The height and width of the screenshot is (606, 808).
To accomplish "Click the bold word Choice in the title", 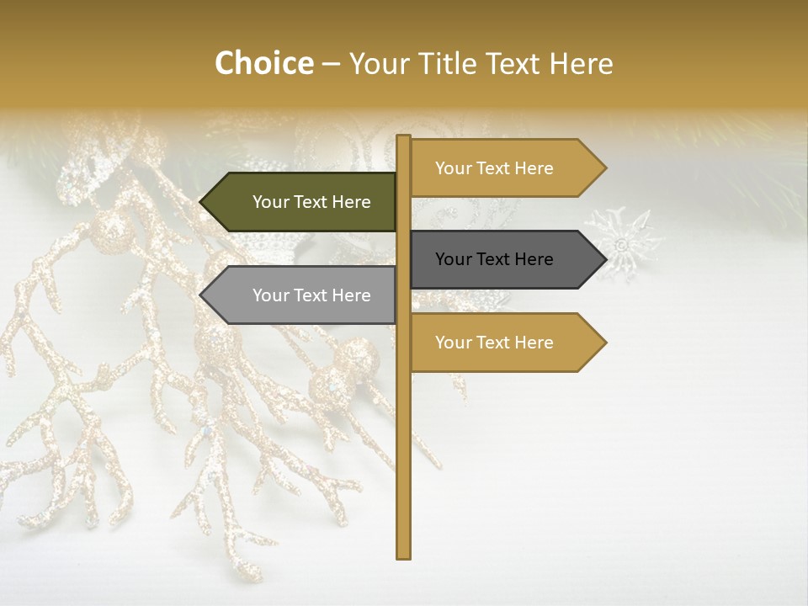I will tap(263, 63).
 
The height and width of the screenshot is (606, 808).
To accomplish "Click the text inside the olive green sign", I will tap(311, 202).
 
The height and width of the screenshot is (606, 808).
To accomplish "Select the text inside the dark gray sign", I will tap(494, 259).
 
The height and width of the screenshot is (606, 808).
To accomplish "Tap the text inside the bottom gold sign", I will tap(494, 343).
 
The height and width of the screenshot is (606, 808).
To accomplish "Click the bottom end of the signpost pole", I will tap(404, 555).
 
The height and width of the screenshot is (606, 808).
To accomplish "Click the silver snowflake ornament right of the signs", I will tap(624, 243).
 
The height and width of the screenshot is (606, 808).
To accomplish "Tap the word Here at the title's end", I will tap(581, 63).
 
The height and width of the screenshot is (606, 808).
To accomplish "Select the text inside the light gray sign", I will tap(311, 295).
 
